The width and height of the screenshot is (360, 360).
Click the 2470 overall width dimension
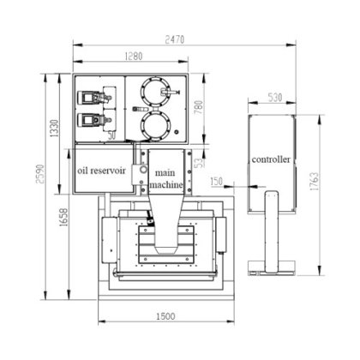[x=175, y=39]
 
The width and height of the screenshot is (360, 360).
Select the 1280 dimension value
[x=134, y=56]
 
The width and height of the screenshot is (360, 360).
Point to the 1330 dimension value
[x=54, y=129]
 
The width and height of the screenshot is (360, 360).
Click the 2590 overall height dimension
[x=40, y=174]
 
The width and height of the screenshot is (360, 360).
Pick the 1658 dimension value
[x=63, y=217]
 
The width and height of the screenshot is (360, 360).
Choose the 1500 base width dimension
[x=165, y=316]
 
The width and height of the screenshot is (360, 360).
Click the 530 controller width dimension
[x=275, y=98]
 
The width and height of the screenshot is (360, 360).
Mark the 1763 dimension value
[x=314, y=182]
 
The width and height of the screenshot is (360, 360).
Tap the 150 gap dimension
[x=216, y=181]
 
